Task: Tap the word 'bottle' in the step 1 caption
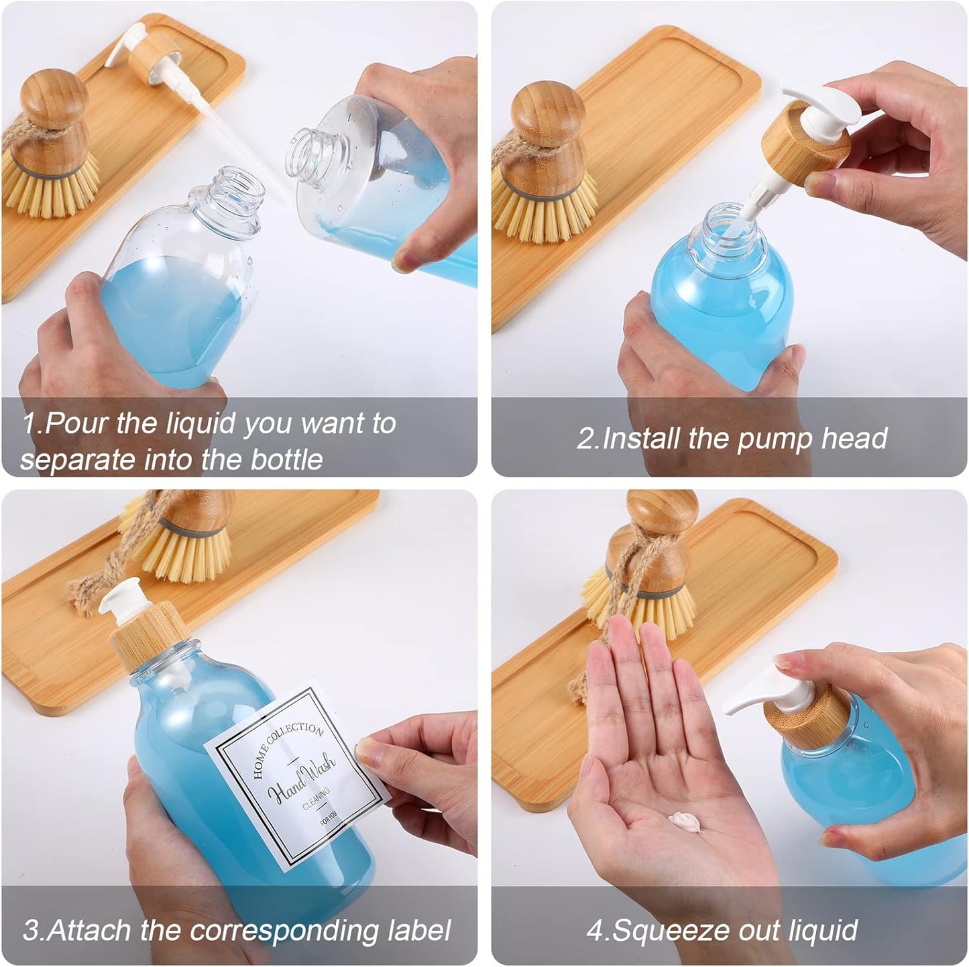tap(286, 459)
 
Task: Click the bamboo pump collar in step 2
tap(806, 144)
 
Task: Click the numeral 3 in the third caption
tap(30, 930)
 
